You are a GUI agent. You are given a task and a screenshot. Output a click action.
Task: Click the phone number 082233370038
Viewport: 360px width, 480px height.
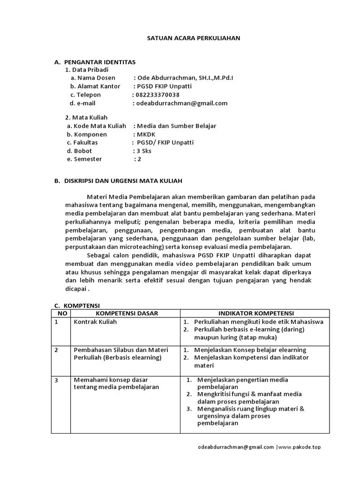(157, 95)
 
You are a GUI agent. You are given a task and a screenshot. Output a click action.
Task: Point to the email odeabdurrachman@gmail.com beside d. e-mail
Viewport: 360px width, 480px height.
(181, 103)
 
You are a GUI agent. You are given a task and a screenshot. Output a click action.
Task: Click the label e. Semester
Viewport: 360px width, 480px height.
(84, 159)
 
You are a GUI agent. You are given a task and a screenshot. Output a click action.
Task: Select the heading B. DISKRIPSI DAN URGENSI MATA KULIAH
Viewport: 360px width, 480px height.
(118, 180)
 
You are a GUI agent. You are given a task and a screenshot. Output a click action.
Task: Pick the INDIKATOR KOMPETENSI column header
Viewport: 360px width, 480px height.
(255, 313)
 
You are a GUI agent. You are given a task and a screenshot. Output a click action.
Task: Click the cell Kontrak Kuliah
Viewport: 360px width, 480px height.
(95, 322)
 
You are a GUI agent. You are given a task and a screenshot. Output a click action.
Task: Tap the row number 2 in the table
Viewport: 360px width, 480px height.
(56, 350)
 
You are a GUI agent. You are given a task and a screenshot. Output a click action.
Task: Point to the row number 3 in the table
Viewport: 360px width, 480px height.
(56, 380)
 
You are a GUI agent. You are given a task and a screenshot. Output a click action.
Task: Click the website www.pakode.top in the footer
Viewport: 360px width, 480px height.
(300, 447)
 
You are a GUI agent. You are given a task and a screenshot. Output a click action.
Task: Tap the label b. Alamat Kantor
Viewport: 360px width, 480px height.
(95, 86)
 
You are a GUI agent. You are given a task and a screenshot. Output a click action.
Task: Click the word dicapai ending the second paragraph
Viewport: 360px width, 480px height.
(75, 289)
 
